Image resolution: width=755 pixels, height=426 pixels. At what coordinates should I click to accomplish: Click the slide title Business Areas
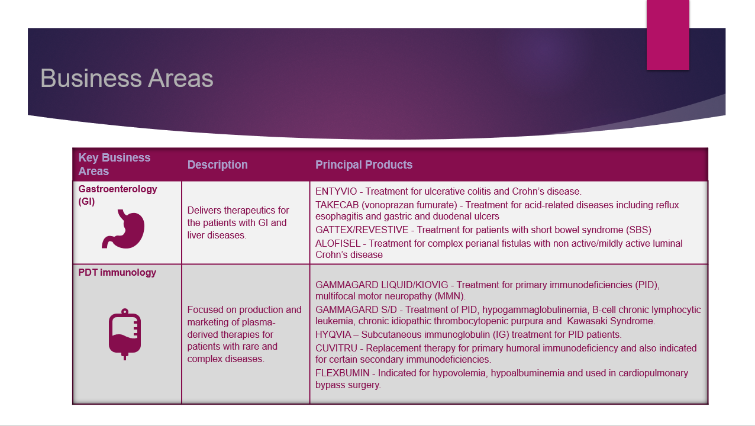pyautogui.click(x=127, y=78)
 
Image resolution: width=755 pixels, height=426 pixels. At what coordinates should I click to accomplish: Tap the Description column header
pyautogui.click(x=217, y=164)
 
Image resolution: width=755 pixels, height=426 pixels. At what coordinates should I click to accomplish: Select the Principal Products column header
pyautogui.click(x=364, y=164)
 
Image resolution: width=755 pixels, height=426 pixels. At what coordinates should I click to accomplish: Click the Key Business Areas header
pyautogui.click(x=114, y=164)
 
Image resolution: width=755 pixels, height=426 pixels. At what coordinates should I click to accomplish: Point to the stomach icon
pyautogui.click(x=123, y=229)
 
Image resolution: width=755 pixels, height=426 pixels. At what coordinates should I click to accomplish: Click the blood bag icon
pyautogui.click(x=125, y=334)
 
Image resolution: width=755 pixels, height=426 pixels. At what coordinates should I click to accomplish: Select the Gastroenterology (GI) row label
pyautogui.click(x=118, y=195)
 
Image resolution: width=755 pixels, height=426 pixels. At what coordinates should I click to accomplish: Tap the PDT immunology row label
pyautogui.click(x=117, y=272)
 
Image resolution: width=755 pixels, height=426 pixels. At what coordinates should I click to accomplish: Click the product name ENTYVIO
pyautogui.click(x=336, y=192)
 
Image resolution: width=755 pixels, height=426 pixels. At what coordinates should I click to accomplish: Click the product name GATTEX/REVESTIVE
pyautogui.click(x=362, y=230)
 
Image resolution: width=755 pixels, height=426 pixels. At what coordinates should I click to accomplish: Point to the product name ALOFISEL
pyautogui.click(x=338, y=243)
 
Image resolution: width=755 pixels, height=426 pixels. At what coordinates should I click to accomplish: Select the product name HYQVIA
pyautogui.click(x=333, y=334)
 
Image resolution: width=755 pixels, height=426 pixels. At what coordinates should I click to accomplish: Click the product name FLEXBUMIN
pyautogui.click(x=343, y=373)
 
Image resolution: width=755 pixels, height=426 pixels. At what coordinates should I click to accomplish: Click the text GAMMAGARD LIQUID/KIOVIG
pyautogui.click(x=382, y=285)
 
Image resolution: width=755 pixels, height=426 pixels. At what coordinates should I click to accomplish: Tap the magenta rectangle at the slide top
pyautogui.click(x=667, y=35)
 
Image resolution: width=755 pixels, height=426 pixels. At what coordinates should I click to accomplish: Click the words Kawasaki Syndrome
pyautogui.click(x=611, y=321)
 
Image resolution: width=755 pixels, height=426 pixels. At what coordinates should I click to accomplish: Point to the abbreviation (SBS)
pyautogui.click(x=638, y=230)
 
